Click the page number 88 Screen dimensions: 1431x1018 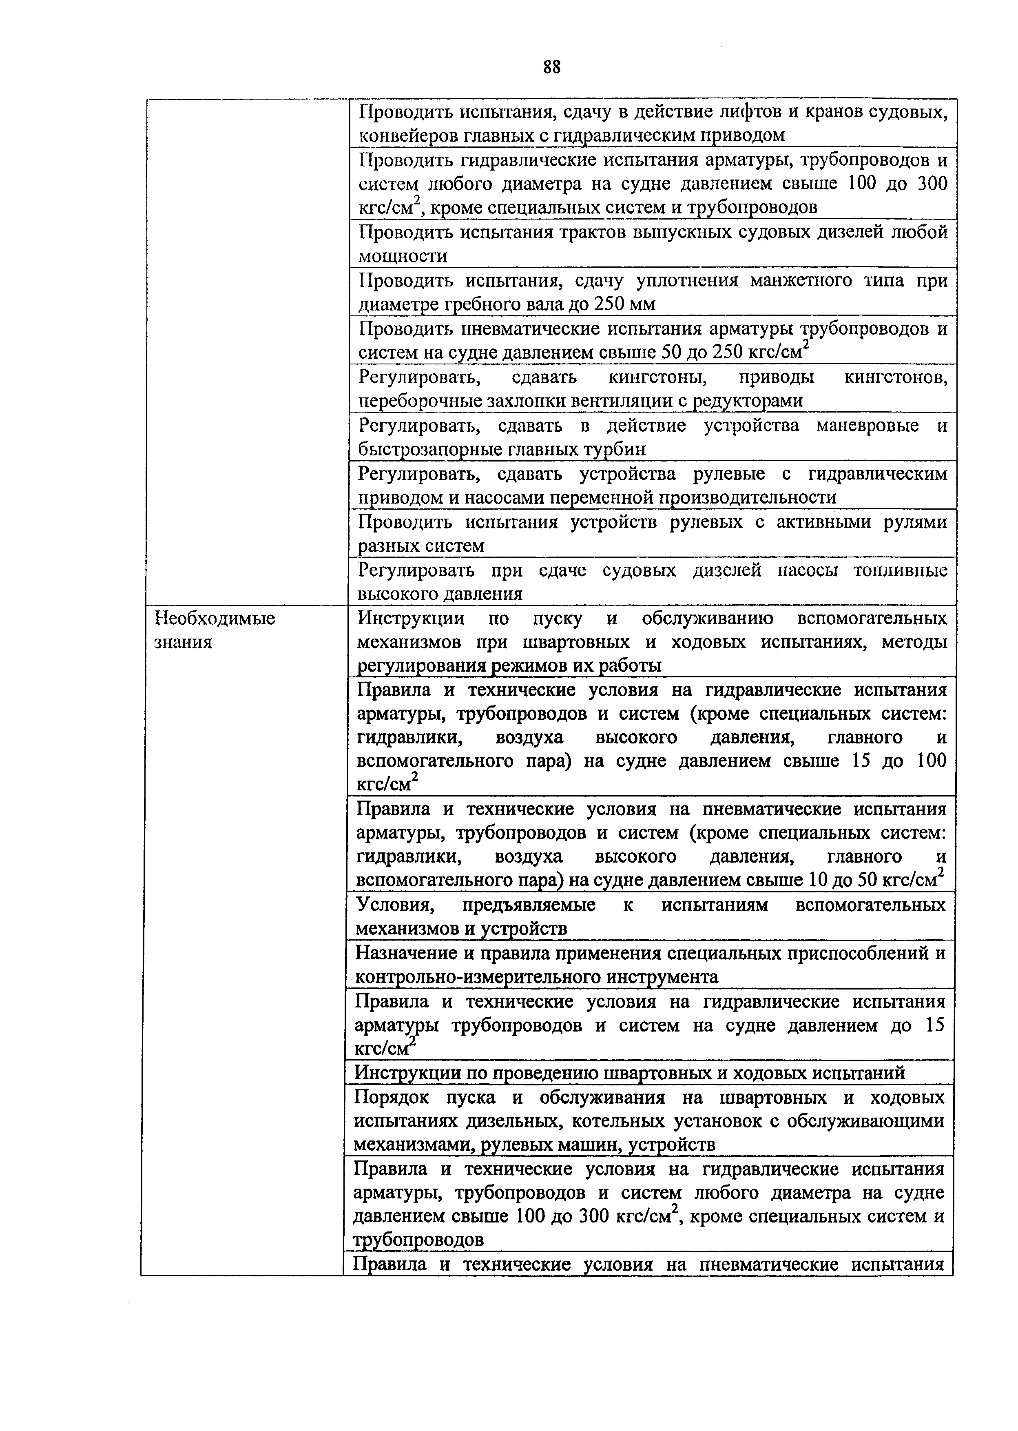tap(552, 67)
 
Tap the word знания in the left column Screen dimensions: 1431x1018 tap(183, 642)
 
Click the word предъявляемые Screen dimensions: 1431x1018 tap(529, 905)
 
